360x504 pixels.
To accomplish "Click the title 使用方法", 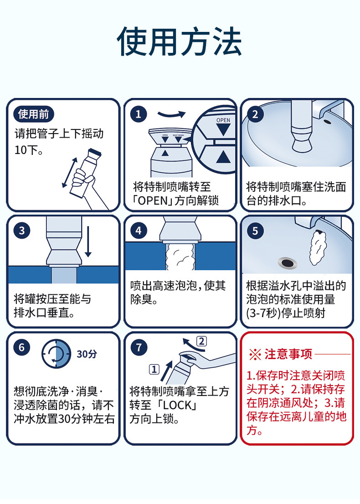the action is (x=180, y=41).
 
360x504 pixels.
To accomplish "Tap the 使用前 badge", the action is (x=33, y=114).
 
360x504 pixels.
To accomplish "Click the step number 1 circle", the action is (x=139, y=114).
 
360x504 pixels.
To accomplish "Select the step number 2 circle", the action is (x=255, y=114).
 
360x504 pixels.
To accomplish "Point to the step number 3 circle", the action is (x=21, y=231).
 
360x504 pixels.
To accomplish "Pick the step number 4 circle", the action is (x=139, y=231).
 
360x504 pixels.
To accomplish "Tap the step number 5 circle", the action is (x=255, y=231).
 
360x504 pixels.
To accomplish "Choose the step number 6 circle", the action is (x=21, y=347).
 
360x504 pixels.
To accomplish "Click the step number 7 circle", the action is (x=139, y=347).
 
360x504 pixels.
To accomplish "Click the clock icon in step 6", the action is (x=56, y=354).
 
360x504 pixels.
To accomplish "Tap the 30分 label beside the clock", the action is (x=87, y=354).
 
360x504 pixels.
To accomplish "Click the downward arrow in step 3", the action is (x=88, y=242).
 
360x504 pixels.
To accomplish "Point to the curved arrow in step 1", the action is (x=172, y=114).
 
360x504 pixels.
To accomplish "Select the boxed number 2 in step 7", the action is (x=201, y=341).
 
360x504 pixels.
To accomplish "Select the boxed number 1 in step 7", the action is (x=154, y=369).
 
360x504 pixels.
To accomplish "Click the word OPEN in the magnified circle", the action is (x=223, y=120).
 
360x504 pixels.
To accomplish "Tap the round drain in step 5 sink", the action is (x=287, y=263).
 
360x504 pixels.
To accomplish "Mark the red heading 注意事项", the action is (x=288, y=354).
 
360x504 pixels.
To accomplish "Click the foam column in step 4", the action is (x=180, y=257).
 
